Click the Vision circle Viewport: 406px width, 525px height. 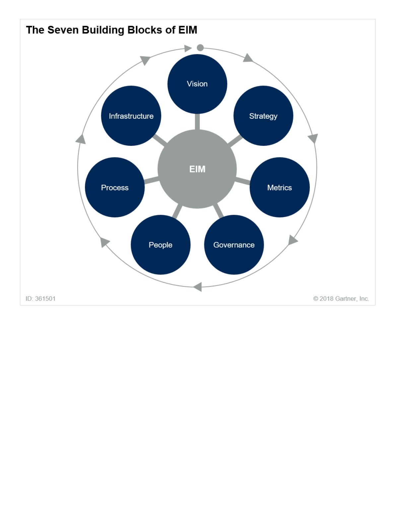coord(197,84)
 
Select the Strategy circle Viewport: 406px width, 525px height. coord(263,116)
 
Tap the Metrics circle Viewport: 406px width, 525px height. coord(279,188)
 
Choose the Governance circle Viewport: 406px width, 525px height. coord(234,245)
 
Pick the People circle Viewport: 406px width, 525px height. coord(161,245)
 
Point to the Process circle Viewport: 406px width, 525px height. coord(115,188)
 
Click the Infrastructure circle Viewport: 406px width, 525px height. coord(131,116)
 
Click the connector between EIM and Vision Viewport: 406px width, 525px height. coord(197,122)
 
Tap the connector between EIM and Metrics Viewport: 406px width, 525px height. coord(243,181)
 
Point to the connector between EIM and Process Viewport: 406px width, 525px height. coord(152,181)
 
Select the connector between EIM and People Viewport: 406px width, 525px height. coord(177,211)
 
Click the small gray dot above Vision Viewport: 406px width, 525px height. coord(200,48)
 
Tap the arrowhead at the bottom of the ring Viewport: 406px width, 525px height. coord(198,287)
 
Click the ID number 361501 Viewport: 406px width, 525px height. coord(45,299)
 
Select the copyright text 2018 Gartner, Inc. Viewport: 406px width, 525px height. coord(344,299)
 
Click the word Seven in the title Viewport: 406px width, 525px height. coord(63,30)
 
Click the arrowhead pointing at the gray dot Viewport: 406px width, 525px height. coord(188,48)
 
